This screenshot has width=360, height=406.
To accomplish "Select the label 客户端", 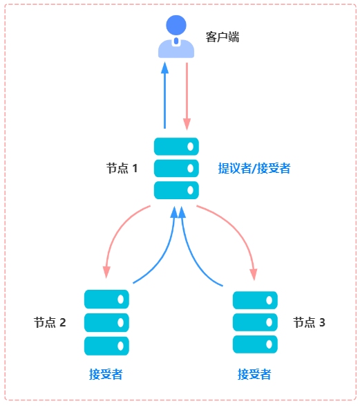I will click(222, 37).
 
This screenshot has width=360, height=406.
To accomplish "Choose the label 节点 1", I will click(122, 168).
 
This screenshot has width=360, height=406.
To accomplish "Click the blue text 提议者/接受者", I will click(254, 168).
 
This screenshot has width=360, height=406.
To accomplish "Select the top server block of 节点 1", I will click(176, 146).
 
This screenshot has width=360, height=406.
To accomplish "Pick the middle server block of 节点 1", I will click(176, 168).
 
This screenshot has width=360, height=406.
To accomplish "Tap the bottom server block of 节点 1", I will click(176, 190).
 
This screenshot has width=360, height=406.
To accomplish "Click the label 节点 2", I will click(50, 322).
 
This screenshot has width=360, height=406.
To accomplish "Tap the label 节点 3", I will click(309, 322).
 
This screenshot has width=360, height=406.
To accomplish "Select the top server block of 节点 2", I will click(107, 299).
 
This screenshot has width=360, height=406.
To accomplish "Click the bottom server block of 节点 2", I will click(107, 345).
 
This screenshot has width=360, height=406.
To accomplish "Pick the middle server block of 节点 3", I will click(255, 322).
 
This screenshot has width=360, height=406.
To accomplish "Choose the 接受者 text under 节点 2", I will click(106, 374).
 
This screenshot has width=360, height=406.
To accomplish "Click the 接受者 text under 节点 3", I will click(254, 374).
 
